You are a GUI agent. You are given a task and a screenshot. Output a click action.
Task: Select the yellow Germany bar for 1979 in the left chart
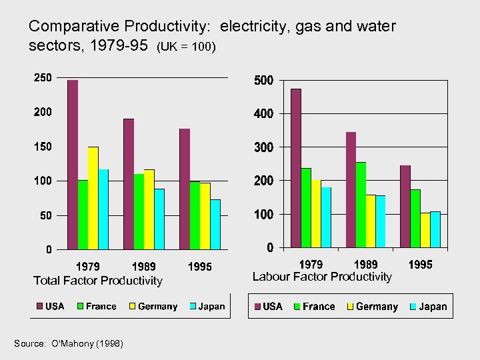pos(93,198)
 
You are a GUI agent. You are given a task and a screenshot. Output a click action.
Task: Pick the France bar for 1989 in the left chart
pos(139,211)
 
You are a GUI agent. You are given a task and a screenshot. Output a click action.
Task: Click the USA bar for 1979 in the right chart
pos(295,168)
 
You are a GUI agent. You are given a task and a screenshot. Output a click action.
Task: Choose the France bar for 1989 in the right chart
pos(361,205)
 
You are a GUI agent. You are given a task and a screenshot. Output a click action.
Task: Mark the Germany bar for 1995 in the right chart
pos(425,230)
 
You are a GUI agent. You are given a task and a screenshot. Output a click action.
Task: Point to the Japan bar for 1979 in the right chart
pos(326,217)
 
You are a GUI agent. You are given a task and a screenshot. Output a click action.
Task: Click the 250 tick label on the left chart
pos(43,77)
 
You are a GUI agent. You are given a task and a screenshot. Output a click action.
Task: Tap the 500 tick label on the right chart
pos(264,81)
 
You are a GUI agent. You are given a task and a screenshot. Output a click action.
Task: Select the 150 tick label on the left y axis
pos(43,146)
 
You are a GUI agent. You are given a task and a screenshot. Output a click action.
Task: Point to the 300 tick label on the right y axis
pos(264,147)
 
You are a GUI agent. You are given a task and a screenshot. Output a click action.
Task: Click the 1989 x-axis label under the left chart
pos(144,267)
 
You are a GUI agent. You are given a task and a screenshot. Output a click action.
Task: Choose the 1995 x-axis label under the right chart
pos(420,265)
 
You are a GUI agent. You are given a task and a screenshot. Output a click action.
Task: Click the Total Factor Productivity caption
pos(98,281)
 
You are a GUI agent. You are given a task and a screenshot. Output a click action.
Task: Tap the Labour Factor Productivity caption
pos(322,277)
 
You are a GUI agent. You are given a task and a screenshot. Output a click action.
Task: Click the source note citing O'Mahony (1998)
pos(68,343)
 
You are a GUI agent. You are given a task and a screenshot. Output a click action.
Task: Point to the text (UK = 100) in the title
pos(186,49)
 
